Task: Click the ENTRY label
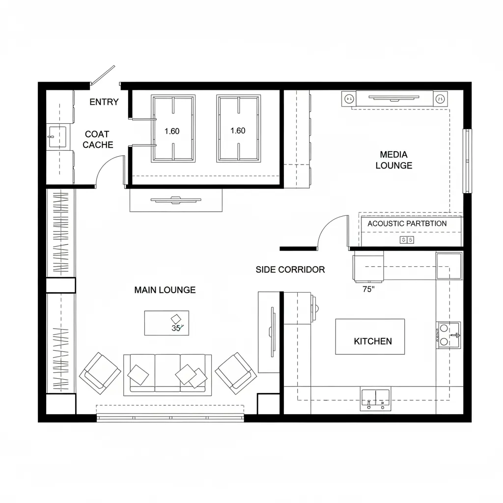104,102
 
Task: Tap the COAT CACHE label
98,140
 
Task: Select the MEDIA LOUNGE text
393,160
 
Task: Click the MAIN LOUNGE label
165,290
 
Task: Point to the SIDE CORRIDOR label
290,270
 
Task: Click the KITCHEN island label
372,341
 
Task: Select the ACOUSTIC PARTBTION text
407,224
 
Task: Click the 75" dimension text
368,289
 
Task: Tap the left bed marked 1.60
173,129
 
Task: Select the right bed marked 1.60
238,129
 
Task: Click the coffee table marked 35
167,323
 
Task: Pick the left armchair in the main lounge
100,373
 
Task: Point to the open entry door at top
103,75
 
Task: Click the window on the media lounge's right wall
468,161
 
